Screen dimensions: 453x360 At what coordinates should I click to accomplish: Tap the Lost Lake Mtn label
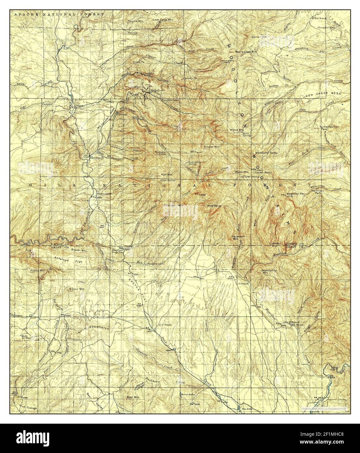[x=163, y=20]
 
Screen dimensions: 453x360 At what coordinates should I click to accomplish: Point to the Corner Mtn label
[x=259, y=37]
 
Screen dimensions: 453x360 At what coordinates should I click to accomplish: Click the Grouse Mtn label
[x=210, y=147]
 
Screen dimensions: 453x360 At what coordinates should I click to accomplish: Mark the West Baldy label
[x=214, y=206]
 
